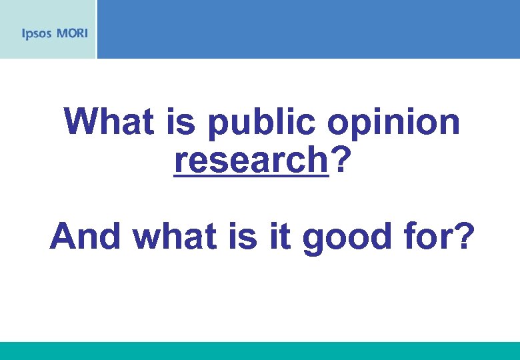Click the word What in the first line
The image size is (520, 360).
click(x=109, y=122)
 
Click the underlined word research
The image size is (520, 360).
click(x=251, y=160)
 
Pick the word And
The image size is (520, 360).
click(x=85, y=236)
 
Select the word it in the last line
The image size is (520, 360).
click(x=283, y=236)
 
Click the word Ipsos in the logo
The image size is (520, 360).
click(x=36, y=33)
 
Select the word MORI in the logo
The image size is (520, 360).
click(x=71, y=33)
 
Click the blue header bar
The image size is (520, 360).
click(x=307, y=29)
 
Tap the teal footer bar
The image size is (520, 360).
click(x=260, y=351)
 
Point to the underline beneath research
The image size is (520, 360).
click(x=251, y=177)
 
